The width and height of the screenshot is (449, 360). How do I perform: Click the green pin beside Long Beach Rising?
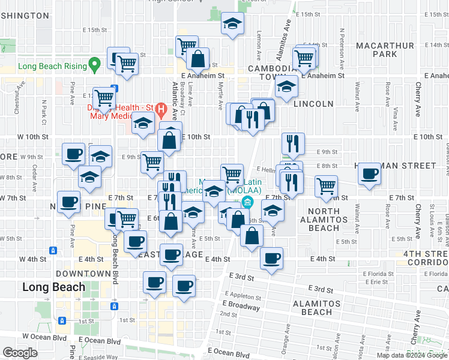click(x=94, y=63)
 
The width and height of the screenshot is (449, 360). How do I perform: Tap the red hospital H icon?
click(x=161, y=109)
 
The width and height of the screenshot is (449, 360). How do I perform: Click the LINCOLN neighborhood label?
click(x=314, y=104)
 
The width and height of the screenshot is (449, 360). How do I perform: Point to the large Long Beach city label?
click(x=54, y=287)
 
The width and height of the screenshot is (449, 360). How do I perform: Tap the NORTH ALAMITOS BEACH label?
click(x=332, y=220)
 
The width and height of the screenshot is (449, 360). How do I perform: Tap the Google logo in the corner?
click(x=20, y=353)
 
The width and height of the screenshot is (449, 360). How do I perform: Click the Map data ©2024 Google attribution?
click(x=412, y=355)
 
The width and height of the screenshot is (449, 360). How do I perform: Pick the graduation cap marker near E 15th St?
click(x=232, y=24)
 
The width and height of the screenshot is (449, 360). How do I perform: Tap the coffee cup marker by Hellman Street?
click(x=369, y=175)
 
